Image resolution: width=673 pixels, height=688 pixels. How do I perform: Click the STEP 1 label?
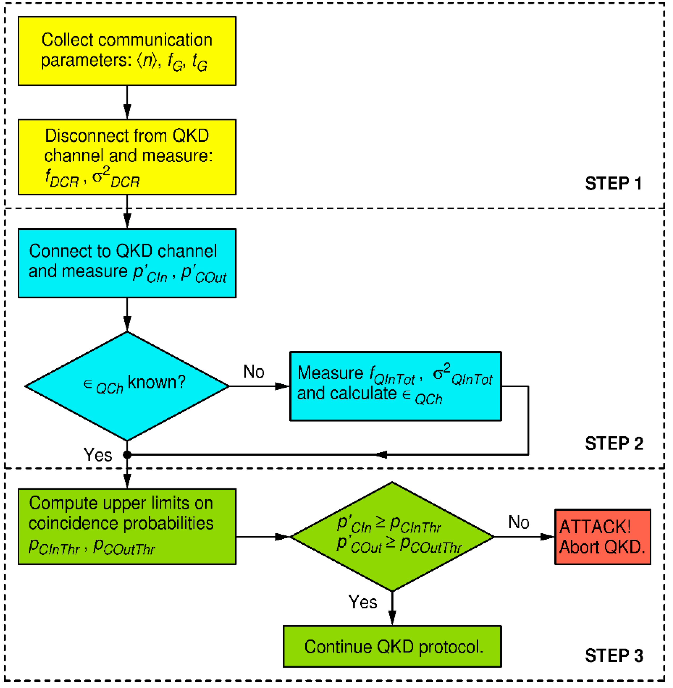(x=613, y=184)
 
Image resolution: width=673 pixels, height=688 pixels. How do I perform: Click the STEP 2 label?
(x=614, y=443)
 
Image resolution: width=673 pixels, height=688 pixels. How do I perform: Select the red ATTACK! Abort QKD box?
(x=602, y=537)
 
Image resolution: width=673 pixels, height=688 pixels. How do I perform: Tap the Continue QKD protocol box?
(x=392, y=647)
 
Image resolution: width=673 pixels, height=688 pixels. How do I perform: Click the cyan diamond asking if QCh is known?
(x=127, y=386)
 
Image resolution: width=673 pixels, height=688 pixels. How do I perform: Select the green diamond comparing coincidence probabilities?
(x=392, y=537)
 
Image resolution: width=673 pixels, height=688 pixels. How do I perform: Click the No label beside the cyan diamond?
(x=254, y=371)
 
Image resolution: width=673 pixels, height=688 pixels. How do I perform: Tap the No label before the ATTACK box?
(x=519, y=522)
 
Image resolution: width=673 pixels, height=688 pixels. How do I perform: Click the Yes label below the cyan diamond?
(x=98, y=455)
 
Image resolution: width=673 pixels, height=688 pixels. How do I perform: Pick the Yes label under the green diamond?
(x=362, y=602)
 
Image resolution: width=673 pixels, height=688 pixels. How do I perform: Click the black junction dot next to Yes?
(x=127, y=455)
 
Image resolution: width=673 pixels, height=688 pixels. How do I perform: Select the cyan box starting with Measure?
(x=395, y=386)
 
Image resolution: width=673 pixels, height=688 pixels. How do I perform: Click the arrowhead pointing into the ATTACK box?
(x=547, y=537)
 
